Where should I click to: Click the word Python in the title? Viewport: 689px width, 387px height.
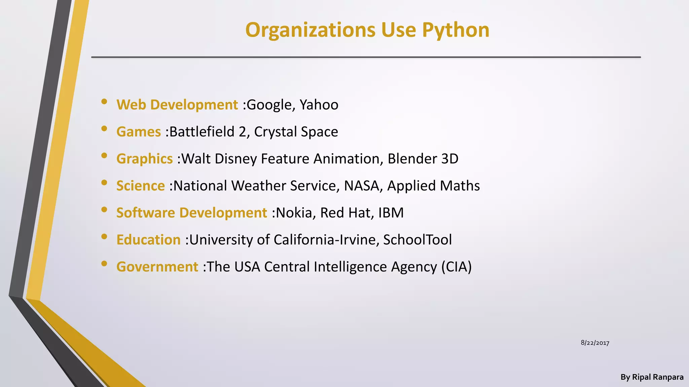tap(456, 30)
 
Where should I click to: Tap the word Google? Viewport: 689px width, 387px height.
tap(269, 105)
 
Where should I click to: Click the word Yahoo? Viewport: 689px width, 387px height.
tap(319, 105)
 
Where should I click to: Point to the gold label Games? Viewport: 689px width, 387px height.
tap(139, 132)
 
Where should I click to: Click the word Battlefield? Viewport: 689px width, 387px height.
tap(202, 132)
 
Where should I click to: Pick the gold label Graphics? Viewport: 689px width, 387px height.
tap(145, 159)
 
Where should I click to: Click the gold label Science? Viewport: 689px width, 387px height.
tap(141, 186)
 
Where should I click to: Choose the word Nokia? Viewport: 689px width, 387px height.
tap(294, 213)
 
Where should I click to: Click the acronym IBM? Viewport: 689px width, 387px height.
tap(391, 213)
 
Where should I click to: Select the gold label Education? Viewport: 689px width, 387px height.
tap(148, 240)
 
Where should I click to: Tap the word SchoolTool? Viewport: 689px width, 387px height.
tap(418, 240)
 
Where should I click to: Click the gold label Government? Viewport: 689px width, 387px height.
tap(157, 267)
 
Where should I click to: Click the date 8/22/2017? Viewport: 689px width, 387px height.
tap(595, 343)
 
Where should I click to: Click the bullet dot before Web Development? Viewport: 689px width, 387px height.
tap(104, 101)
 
